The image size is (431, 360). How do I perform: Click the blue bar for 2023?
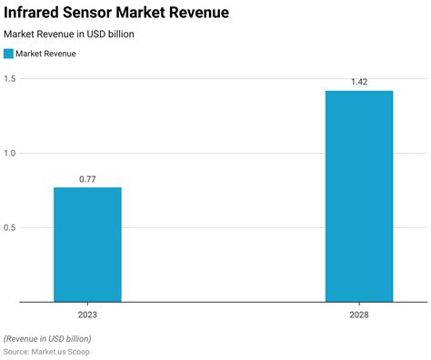coord(87,244)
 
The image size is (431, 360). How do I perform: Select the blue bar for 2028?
coord(359,195)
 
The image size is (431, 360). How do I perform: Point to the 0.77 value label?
coord(87,179)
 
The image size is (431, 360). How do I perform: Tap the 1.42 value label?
coord(359,83)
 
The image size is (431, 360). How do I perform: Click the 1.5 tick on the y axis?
coord(9,78)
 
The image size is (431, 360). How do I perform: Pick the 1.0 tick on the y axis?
coord(9,153)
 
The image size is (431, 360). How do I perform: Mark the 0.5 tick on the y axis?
coord(9,227)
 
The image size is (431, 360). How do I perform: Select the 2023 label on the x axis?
coord(87,314)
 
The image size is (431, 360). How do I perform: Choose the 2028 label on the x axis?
coord(359,314)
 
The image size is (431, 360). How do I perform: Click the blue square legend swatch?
coord(8,54)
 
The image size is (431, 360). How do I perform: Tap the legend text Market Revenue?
coord(45,54)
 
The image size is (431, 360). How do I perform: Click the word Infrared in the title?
coord(33,13)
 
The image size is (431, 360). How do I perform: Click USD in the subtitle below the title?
coord(100,34)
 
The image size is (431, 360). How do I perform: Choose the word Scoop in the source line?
coord(78,351)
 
